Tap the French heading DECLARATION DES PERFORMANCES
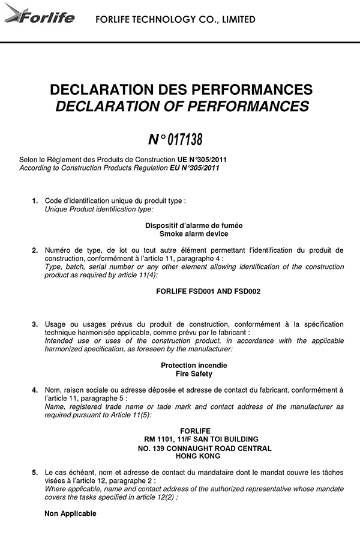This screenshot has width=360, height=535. pos(181,90)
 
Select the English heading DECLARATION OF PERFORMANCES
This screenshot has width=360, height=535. pos(181,107)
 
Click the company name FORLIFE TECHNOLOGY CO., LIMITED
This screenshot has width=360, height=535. pos(175,20)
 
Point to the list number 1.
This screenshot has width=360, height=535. pos(35,201)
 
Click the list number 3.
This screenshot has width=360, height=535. pos(35,324)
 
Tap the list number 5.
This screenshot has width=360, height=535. pos(35,473)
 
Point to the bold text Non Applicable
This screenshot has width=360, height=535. pos(70,513)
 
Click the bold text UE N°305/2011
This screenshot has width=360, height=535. pos(202,160)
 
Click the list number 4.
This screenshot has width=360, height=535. pos(35,390)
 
